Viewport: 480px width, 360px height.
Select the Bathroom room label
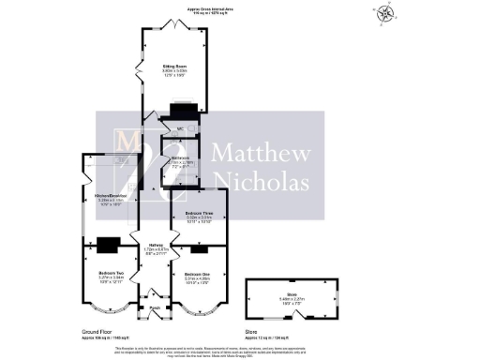click(x=180, y=158)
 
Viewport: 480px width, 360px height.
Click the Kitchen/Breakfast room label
click(x=111, y=195)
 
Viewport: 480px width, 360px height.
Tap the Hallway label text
click(x=156, y=247)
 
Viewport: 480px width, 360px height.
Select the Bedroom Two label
click(x=111, y=273)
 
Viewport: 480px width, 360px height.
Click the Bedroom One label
click(x=198, y=273)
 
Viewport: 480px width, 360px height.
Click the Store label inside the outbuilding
click(x=292, y=293)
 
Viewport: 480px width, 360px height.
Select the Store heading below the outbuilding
click(x=275, y=330)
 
